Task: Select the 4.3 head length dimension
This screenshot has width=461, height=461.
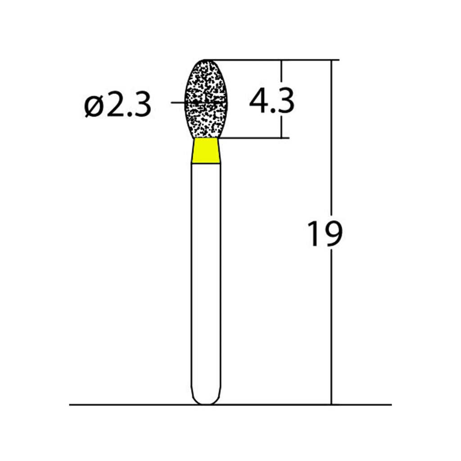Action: pyautogui.click(x=271, y=101)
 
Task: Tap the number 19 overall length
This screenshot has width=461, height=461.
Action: pyautogui.click(x=325, y=234)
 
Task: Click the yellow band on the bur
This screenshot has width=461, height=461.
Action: pyautogui.click(x=206, y=151)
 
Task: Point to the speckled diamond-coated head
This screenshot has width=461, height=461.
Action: pyautogui.click(x=206, y=99)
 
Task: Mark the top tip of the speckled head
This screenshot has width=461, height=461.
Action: pyautogui.click(x=206, y=60)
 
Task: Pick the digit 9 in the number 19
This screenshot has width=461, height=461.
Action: pyautogui.click(x=333, y=234)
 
